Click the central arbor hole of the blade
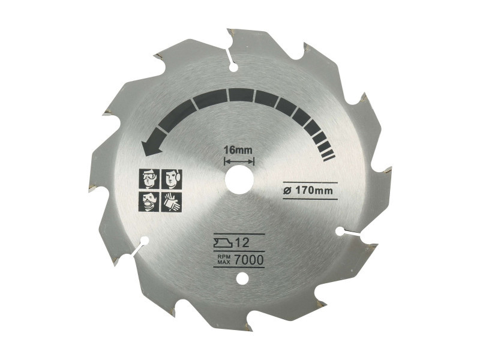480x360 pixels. point(239,179)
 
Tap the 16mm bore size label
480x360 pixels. point(238,151)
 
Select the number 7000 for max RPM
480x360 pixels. point(249,260)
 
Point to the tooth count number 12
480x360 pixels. point(242,243)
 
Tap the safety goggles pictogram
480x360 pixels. point(149,179)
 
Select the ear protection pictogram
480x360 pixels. point(172,179)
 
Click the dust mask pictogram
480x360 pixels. point(149,202)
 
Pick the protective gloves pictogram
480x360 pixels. point(172,202)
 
